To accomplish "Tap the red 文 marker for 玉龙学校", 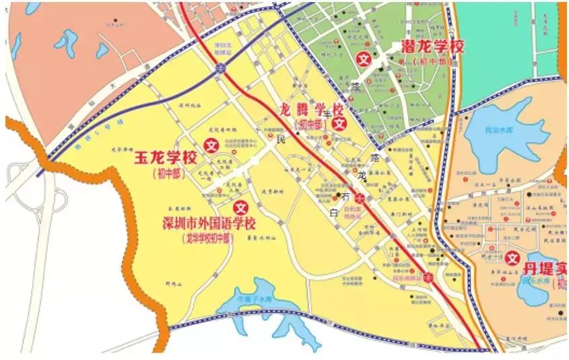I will [211, 144].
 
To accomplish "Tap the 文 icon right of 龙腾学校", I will [341, 123].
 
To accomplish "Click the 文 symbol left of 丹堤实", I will [514, 258].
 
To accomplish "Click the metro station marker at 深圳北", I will [221, 69].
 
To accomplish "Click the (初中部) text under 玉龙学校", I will [166, 174].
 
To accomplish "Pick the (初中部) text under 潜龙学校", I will [432, 61].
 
